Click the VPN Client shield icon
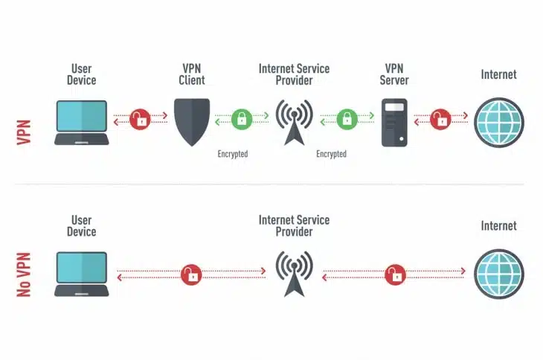pyautogui.click(x=192, y=122)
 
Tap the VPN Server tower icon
pyautogui.click(x=394, y=123)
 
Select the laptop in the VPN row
pyautogui.click(x=82, y=123)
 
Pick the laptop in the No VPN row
pyautogui.click(x=82, y=274)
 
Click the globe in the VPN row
pyautogui.click(x=499, y=123)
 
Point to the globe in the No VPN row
pyautogui.click(x=499, y=274)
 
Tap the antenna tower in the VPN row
pyautogui.click(x=295, y=123)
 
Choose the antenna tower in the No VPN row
pyautogui.click(x=295, y=274)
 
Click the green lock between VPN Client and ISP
pyautogui.click(x=242, y=120)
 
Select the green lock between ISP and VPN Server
pyautogui.click(x=347, y=120)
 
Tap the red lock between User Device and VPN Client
pyautogui.click(x=141, y=120)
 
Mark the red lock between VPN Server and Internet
pyautogui.click(x=440, y=120)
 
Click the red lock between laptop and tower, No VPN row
pyautogui.click(x=191, y=275)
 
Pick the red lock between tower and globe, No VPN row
pyautogui.click(x=395, y=275)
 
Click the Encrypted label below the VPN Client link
pyautogui.click(x=233, y=154)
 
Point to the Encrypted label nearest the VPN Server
pyautogui.click(x=332, y=154)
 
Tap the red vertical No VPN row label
pyautogui.click(x=24, y=275)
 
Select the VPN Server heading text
pyautogui.click(x=394, y=74)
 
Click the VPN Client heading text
pyautogui.click(x=192, y=74)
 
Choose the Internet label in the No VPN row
pyautogui.click(x=499, y=226)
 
